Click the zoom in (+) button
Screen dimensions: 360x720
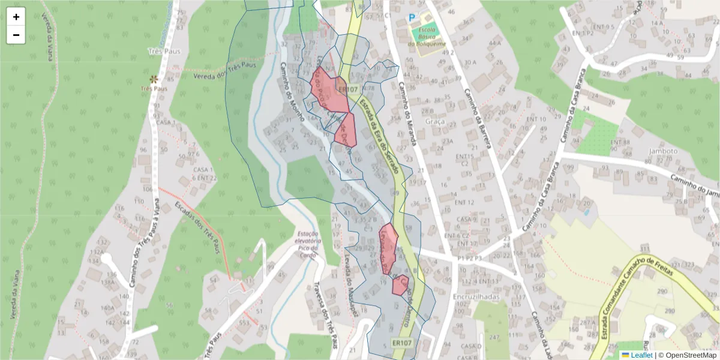click(x=16, y=17)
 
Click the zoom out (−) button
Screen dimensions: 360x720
click(x=16, y=35)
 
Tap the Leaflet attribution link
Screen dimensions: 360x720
click(x=641, y=355)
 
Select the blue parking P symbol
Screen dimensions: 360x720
click(x=412, y=18)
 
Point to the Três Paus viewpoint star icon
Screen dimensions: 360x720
click(x=154, y=79)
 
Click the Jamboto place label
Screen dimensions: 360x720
click(x=663, y=151)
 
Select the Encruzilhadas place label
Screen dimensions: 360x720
click(x=478, y=296)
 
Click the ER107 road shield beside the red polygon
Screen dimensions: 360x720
click(x=343, y=89)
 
